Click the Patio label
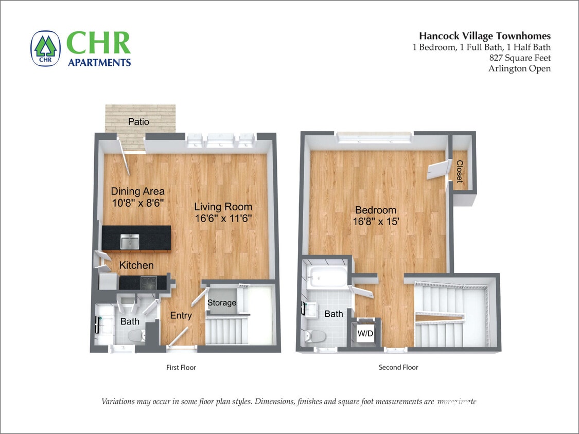click(x=138, y=122)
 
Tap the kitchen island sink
click(x=129, y=241)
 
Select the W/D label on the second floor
click(x=365, y=333)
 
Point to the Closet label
click(x=459, y=171)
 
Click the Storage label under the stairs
click(x=222, y=303)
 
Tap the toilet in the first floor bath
click(x=136, y=337)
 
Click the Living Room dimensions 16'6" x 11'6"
click(x=223, y=218)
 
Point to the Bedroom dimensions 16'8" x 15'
click(x=376, y=222)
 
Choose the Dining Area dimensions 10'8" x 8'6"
click(x=137, y=203)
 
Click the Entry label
click(x=181, y=316)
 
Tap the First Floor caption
click(x=181, y=367)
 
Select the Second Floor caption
click(x=398, y=367)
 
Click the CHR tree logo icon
click(x=45, y=48)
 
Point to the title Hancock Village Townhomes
click(x=484, y=36)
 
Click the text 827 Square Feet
click(x=520, y=58)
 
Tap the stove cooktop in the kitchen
click(x=149, y=282)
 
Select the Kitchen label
click(x=136, y=265)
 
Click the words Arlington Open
click(x=519, y=68)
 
